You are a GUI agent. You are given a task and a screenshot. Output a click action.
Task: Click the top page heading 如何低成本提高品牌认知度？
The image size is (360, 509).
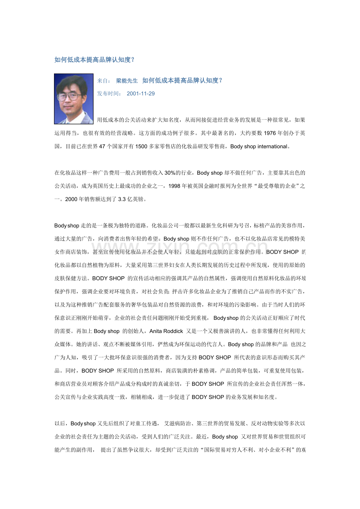pyautogui.click(x=95, y=60)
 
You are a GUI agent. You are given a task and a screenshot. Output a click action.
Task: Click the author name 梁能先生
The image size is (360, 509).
pyautogui.click(x=127, y=81)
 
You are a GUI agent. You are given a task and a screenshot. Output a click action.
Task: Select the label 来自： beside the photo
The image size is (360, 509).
pyautogui.click(x=104, y=81)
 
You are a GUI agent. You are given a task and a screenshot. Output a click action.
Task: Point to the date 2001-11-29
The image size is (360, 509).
pyautogui.click(x=140, y=94)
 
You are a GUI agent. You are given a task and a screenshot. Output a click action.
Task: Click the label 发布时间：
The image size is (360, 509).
pyautogui.click(x=110, y=94)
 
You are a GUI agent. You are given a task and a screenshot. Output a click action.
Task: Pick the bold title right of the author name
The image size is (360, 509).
pyautogui.click(x=183, y=81)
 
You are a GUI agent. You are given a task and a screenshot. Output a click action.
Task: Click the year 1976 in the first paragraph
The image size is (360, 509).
pyautogui.click(x=270, y=133)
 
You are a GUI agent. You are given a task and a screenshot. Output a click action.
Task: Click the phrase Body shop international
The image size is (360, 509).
pyautogui.click(x=259, y=147)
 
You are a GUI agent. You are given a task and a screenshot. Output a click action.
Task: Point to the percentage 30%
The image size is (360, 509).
pyautogui.click(x=170, y=173)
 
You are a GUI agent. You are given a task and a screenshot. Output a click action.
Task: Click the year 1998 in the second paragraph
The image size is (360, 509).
pyautogui.click(x=174, y=186)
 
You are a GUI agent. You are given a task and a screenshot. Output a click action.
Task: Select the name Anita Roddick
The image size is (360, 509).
pyautogui.click(x=166, y=331)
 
